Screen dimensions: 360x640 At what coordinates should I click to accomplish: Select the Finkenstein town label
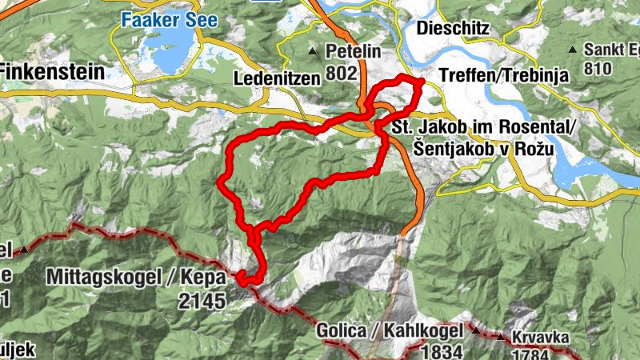click(x=52, y=72)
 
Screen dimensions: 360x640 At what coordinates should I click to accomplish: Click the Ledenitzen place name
click(x=276, y=78)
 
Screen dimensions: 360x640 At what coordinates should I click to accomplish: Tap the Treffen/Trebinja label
click(x=503, y=76)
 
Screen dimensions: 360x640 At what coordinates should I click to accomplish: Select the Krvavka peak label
click(x=542, y=338)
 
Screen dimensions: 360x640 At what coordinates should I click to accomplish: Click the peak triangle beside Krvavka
click(x=502, y=336)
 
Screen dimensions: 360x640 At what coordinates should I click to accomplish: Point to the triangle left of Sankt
click(x=572, y=51)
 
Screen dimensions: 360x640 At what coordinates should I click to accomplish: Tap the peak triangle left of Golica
click(x=474, y=328)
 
